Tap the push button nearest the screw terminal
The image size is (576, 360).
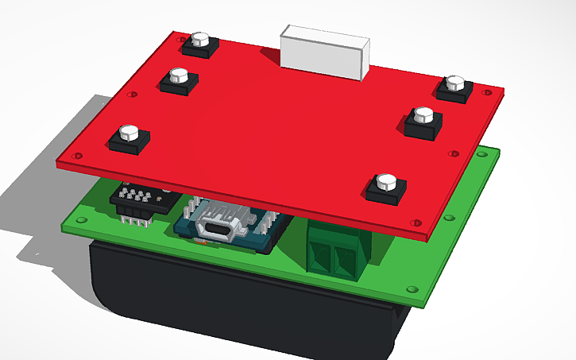coord(386,187)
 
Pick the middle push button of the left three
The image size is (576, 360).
coord(180,80)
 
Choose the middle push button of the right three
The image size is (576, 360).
coord(423,120)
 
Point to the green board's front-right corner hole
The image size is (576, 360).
coord(411,288)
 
